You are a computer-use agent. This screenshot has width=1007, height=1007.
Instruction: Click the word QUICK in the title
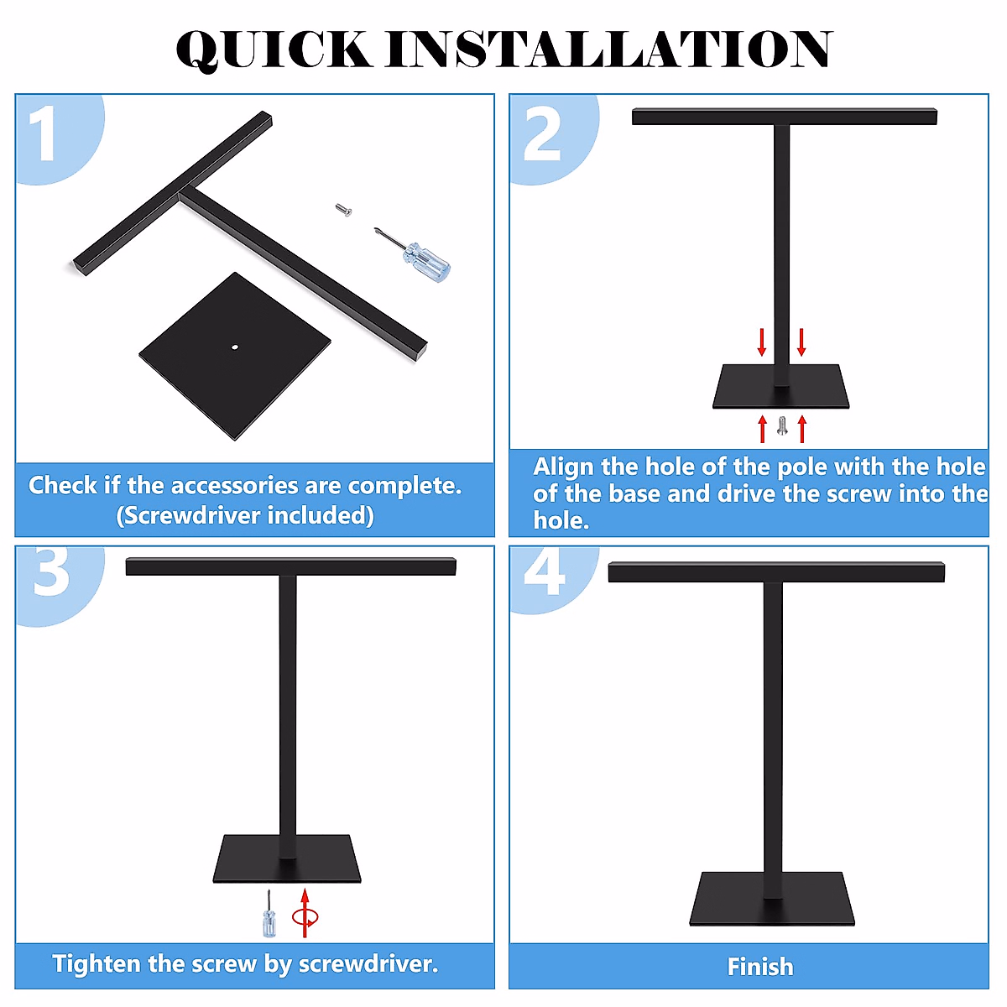point(274,50)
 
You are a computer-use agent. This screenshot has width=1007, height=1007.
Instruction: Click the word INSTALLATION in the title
point(608,49)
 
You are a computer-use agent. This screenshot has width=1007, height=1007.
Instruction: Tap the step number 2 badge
point(555,139)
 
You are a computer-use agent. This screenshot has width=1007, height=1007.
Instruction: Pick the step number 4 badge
point(555,580)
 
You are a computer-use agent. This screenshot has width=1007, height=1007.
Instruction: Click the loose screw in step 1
point(343,210)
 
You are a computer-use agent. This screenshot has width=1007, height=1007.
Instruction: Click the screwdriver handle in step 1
point(427,262)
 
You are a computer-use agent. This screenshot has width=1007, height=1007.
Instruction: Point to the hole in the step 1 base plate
point(235,347)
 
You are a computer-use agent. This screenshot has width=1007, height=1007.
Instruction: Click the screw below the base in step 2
point(782,425)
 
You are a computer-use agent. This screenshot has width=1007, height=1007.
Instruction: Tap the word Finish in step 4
point(760,967)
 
